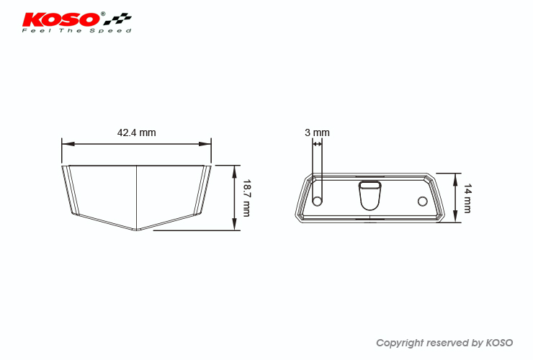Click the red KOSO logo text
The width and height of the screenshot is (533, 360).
click(x=61, y=19)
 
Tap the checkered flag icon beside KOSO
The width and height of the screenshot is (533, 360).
click(x=117, y=19)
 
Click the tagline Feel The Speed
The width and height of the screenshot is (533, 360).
click(x=76, y=30)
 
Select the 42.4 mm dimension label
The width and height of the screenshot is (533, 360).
click(x=137, y=132)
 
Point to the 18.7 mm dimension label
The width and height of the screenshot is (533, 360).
click(x=246, y=198)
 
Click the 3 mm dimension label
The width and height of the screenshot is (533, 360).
click(x=317, y=132)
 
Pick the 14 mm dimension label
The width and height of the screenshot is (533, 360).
click(x=468, y=199)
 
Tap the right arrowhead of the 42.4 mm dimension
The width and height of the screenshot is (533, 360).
click(x=205, y=144)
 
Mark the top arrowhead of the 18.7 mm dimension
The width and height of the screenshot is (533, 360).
click(x=234, y=171)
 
